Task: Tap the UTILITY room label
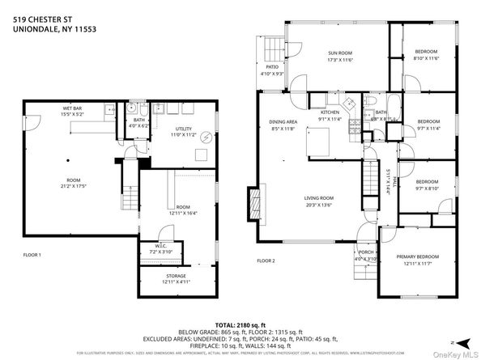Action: [x=184, y=129]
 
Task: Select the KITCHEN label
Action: [x=330, y=112]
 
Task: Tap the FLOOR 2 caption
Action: [x=266, y=261]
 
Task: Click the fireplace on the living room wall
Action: [x=254, y=200]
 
